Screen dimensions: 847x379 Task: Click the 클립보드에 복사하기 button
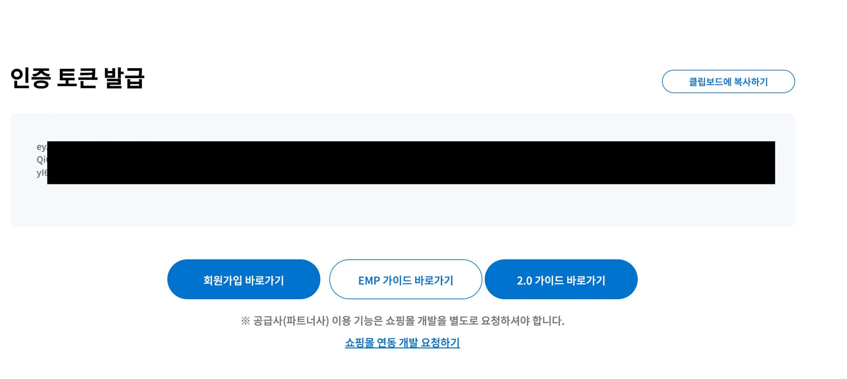(728, 81)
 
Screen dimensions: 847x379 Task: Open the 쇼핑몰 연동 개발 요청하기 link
(402, 343)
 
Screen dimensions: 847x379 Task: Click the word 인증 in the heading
(30, 78)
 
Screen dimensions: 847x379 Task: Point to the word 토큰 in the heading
(77, 78)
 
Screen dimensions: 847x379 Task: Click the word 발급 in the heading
(124, 78)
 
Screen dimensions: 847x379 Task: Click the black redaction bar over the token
(411, 162)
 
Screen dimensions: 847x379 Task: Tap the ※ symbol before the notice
(245, 321)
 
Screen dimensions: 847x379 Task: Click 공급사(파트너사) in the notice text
(291, 321)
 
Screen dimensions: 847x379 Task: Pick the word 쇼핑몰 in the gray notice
(400, 321)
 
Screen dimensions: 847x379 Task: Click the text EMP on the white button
(369, 281)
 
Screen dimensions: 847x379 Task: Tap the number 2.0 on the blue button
(524, 281)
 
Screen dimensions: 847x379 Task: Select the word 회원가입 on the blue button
(223, 281)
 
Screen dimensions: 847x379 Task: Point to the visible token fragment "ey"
(41, 147)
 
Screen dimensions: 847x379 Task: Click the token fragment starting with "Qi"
(42, 160)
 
